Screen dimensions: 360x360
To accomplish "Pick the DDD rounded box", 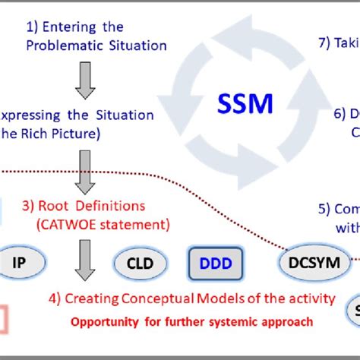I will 216,264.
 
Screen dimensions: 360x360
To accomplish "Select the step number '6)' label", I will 340,115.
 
